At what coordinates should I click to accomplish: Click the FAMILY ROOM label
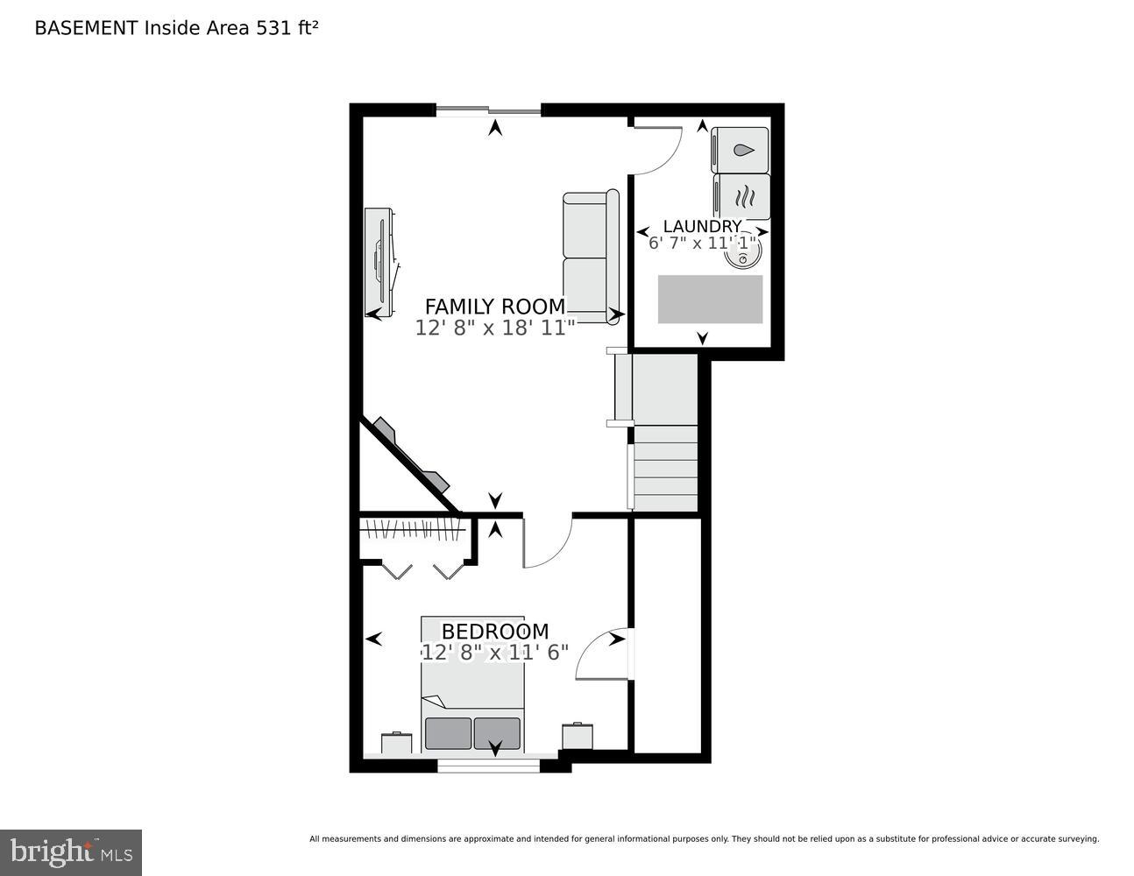click(495, 307)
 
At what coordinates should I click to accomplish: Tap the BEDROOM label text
click(494, 632)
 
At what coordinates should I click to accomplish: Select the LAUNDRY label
click(702, 227)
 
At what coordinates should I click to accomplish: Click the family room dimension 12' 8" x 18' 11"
click(495, 328)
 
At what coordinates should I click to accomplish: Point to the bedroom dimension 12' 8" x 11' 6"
click(495, 653)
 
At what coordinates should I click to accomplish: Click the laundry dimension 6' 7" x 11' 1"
click(702, 243)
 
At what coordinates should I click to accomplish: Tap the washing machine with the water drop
click(741, 150)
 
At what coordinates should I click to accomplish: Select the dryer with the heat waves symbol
click(742, 196)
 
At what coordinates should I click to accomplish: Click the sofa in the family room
click(590, 258)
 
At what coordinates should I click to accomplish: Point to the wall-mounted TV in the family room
click(379, 261)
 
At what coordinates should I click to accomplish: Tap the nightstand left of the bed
click(396, 743)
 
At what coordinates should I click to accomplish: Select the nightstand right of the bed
click(578, 736)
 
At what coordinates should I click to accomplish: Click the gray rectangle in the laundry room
click(710, 300)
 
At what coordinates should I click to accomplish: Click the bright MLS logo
click(71, 852)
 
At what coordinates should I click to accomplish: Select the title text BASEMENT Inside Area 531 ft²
click(176, 28)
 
